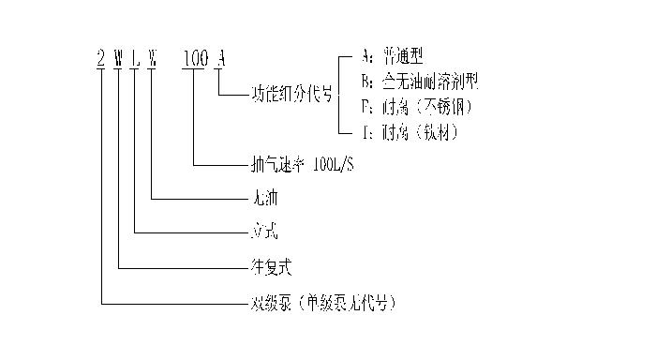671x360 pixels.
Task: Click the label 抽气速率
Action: pos(278,166)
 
